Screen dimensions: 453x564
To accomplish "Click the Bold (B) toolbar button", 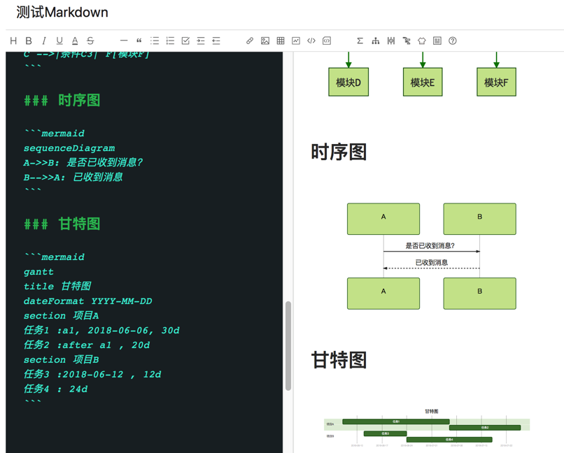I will pyautogui.click(x=29, y=41).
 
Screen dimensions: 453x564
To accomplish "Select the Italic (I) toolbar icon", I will pyautogui.click(x=44, y=41).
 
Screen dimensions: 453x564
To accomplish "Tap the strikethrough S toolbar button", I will pyautogui.click(x=90, y=41).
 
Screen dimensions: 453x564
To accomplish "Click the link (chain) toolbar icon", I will pyautogui.click(x=250, y=41).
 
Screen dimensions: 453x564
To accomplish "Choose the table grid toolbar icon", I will pyautogui.click(x=281, y=41).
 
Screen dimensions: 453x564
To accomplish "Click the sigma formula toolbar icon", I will pyautogui.click(x=360, y=41).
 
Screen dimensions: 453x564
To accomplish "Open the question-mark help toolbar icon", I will pyautogui.click(x=453, y=41).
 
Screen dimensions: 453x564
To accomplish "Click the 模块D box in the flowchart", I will pyautogui.click(x=348, y=82).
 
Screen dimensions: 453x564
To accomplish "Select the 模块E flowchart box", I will pyautogui.click(x=423, y=82).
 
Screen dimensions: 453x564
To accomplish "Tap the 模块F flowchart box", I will pyautogui.click(x=496, y=82).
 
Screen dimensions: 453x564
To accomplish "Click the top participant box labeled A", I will pyautogui.click(x=383, y=219).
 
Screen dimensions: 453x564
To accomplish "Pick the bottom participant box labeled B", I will pyautogui.click(x=479, y=294).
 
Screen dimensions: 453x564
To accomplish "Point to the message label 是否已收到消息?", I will pyautogui.click(x=430, y=245).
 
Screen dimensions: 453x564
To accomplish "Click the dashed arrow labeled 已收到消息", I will pyautogui.click(x=431, y=268).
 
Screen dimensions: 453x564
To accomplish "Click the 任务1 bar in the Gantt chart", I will pyautogui.click(x=395, y=422).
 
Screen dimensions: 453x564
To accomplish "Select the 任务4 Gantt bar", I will pyautogui.click(x=449, y=440).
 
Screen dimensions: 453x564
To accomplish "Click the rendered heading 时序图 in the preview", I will pyautogui.click(x=339, y=152).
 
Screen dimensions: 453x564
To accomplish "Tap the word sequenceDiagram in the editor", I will pyautogui.click(x=69, y=148).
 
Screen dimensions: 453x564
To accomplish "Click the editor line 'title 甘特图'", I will pyautogui.click(x=57, y=287).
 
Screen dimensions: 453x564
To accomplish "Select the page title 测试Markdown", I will pyautogui.click(x=62, y=13).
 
